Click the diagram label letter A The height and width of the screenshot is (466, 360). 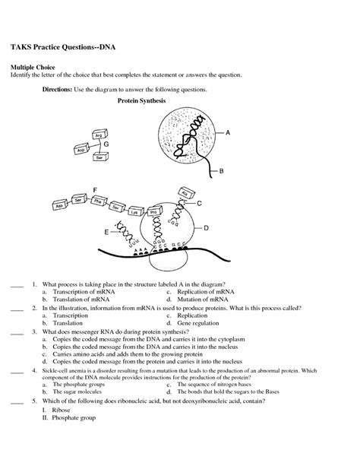point(227,132)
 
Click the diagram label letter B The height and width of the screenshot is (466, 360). point(222,171)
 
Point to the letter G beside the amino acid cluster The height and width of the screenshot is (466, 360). point(106,143)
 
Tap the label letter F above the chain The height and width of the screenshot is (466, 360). point(95,189)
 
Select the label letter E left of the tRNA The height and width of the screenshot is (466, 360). point(106,230)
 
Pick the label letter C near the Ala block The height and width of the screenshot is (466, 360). point(199,204)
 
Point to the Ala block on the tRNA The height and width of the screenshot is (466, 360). point(182,193)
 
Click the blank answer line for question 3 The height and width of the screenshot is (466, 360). point(17,333)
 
